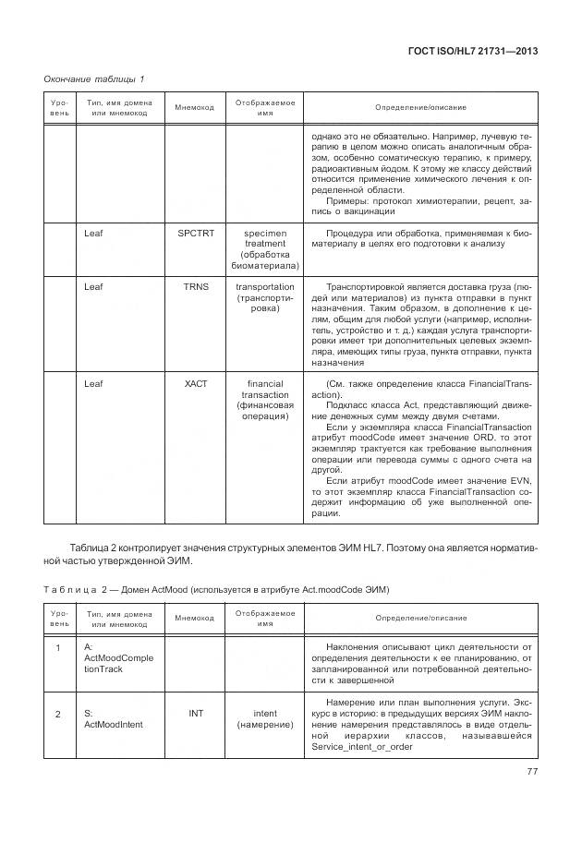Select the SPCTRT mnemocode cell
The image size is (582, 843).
click(x=195, y=234)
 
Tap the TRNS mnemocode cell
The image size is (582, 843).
click(x=195, y=286)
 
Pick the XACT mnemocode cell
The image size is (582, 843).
click(x=195, y=383)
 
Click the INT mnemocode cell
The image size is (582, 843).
click(x=195, y=713)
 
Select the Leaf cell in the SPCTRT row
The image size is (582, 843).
click(x=93, y=234)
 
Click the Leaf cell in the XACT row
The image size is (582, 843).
click(x=93, y=383)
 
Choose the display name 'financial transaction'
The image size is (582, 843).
click(x=265, y=400)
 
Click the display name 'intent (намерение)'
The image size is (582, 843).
click(x=265, y=719)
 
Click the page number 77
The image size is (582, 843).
click(x=531, y=772)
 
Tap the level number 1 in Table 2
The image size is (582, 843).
click(x=58, y=648)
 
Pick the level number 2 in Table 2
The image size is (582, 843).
click(x=58, y=714)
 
